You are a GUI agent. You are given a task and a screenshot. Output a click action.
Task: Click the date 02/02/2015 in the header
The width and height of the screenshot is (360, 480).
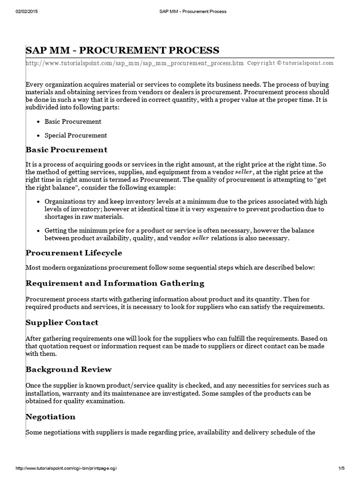point(26,11)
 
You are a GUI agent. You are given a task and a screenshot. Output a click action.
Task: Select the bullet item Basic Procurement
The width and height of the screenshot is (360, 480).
point(73,121)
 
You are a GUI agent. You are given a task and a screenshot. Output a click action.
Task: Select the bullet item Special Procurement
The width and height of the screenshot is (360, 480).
point(75,135)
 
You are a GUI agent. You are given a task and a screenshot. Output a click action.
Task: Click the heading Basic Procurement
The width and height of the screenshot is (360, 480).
point(66,150)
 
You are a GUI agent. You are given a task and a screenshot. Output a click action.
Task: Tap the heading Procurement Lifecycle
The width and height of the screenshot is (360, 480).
point(74,253)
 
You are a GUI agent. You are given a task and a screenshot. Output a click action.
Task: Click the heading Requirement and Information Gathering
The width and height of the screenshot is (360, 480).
point(115,283)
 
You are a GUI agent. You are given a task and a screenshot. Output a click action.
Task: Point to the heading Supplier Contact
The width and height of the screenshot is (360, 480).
point(62,322)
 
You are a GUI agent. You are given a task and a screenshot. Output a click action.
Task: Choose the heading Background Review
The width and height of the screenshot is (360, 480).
point(68,369)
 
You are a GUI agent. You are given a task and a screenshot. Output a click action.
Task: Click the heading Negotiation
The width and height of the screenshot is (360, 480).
point(50,417)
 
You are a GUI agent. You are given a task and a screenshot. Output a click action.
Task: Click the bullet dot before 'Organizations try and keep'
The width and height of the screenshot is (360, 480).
point(37,201)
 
